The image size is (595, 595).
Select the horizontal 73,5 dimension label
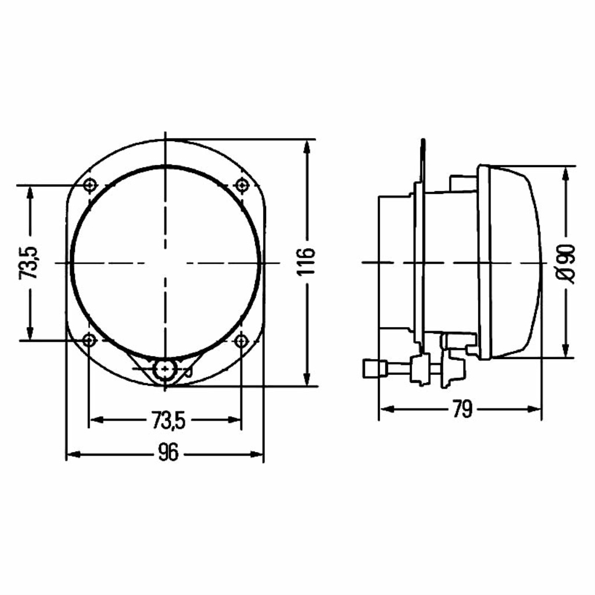click(169, 420)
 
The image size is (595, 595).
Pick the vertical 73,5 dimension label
click(30, 263)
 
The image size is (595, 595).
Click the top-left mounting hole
click(90, 185)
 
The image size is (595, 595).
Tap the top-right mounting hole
click(242, 185)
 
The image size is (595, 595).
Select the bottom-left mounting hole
click(89, 340)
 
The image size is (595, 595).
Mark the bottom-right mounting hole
click(241, 340)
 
